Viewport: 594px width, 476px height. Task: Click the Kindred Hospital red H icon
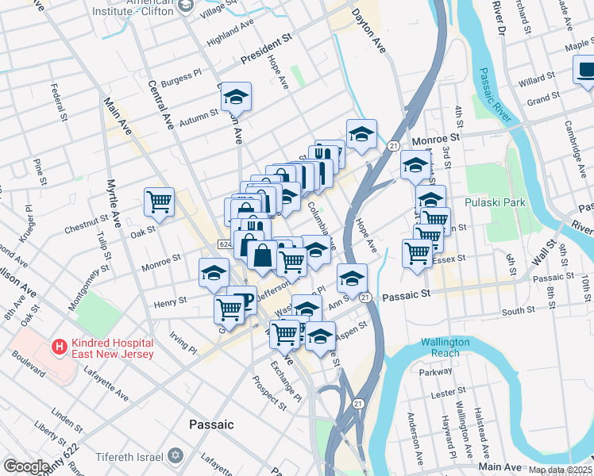point(58,347)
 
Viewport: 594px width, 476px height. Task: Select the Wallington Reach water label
point(445,347)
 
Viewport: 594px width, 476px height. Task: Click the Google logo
point(26,466)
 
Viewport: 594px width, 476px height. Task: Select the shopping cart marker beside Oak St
point(159,202)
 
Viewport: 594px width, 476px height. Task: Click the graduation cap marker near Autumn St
point(235,96)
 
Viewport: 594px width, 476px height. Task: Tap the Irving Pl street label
point(183,343)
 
